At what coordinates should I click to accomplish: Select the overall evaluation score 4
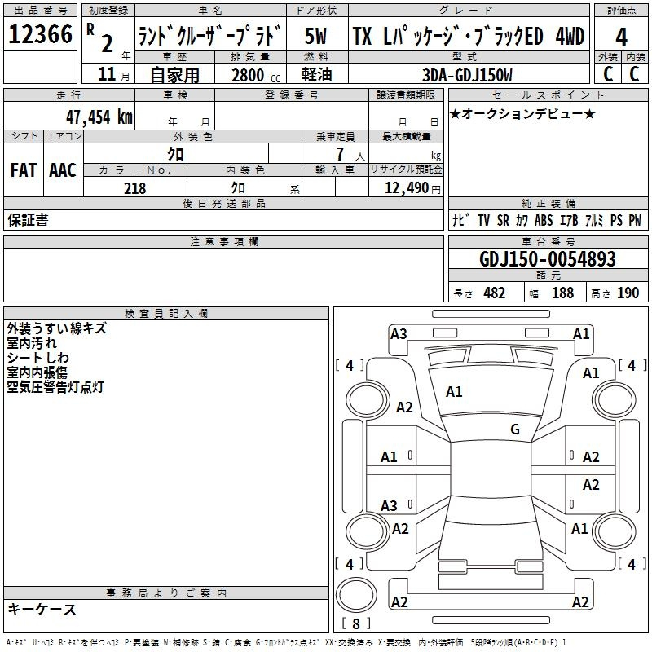(x=621, y=37)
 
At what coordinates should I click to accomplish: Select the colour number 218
(x=134, y=188)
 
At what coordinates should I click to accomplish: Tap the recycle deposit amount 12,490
(x=405, y=188)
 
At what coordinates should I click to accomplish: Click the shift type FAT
(x=23, y=170)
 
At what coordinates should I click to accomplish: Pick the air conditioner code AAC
(x=62, y=170)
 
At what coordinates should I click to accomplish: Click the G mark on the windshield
(x=514, y=430)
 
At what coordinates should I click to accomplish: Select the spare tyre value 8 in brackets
(x=356, y=624)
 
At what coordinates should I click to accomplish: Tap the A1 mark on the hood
(x=454, y=392)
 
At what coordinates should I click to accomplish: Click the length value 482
(x=494, y=293)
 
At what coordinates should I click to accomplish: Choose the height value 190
(x=628, y=293)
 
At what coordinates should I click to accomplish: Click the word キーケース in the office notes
(x=42, y=610)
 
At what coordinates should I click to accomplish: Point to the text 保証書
(x=28, y=219)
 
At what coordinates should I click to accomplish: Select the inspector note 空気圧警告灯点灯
(x=55, y=387)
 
